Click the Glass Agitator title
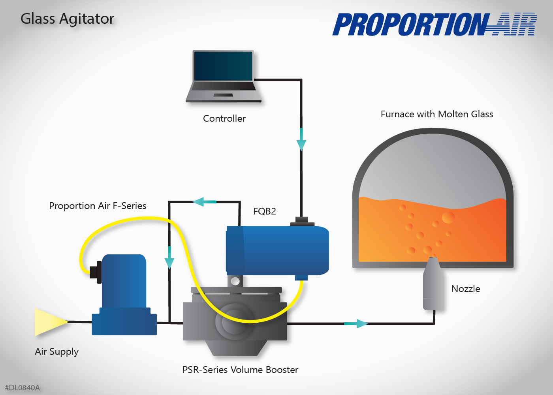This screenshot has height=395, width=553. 67,19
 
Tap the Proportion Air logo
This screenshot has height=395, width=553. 434,24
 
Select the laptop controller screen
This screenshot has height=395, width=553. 223,66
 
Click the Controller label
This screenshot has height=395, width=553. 224,118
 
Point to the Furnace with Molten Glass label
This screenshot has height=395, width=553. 437,114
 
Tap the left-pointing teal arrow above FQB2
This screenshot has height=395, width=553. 204,202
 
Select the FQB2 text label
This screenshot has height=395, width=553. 265,211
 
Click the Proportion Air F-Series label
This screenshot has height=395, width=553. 98,206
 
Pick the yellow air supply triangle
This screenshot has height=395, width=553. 50,322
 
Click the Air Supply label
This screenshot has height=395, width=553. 56,352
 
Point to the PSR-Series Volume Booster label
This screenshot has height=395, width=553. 240,370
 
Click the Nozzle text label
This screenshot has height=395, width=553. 466,289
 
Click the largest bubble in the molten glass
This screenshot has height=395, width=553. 448,217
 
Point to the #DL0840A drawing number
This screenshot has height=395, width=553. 23,387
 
